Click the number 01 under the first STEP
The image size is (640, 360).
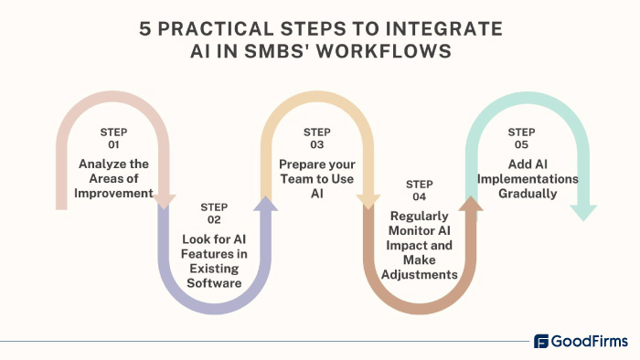113,144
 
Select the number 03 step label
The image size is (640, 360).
317,144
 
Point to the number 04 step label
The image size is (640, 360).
419,196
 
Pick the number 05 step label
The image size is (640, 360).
522,144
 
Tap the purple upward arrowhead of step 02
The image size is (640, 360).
266,204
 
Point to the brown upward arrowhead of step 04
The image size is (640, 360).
470,204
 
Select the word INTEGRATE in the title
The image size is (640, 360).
452,28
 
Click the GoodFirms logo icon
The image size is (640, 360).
541,342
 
